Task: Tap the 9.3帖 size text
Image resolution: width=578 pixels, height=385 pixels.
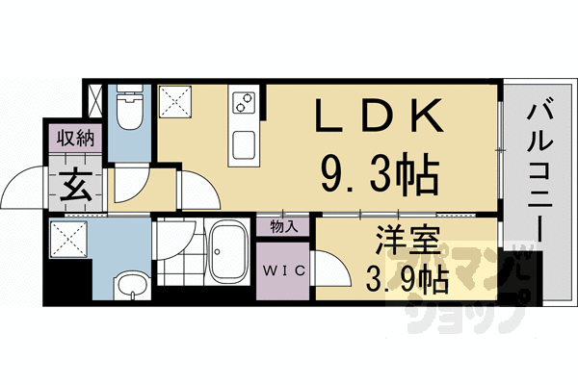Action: pos(378,175)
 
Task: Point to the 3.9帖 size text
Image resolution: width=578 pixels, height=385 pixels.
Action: pos(407,280)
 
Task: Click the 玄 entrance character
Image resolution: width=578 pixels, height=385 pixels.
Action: pos(77,184)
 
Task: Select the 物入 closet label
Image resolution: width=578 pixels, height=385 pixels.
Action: pos(284,227)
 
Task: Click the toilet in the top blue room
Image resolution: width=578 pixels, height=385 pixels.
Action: pos(127,113)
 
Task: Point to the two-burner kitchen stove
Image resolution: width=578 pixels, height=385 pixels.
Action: pos(242,102)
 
